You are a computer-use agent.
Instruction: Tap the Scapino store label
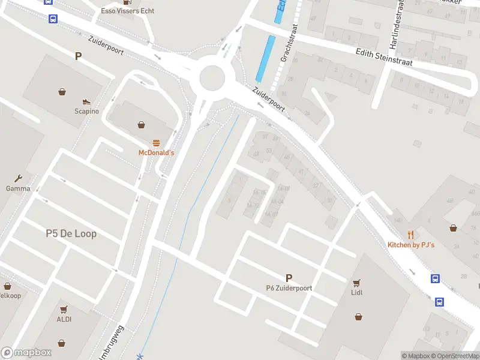point(87,111)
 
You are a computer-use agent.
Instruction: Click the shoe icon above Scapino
point(86,101)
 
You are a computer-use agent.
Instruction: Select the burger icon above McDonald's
point(156,143)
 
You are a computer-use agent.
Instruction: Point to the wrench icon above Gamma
point(18,178)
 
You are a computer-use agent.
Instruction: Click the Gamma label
point(18,188)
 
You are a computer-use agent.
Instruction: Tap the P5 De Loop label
point(71,233)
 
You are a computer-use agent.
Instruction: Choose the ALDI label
point(64,319)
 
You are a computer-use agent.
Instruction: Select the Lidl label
point(357,293)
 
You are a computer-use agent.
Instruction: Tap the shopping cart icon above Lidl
point(357,283)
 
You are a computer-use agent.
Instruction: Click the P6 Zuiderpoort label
point(289,288)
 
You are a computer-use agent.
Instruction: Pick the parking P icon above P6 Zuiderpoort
point(289,278)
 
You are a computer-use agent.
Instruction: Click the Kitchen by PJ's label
point(411,245)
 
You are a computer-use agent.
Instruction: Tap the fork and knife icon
point(411,235)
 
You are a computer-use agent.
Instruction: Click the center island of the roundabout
point(212,77)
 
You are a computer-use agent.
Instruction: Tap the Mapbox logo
point(26,353)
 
